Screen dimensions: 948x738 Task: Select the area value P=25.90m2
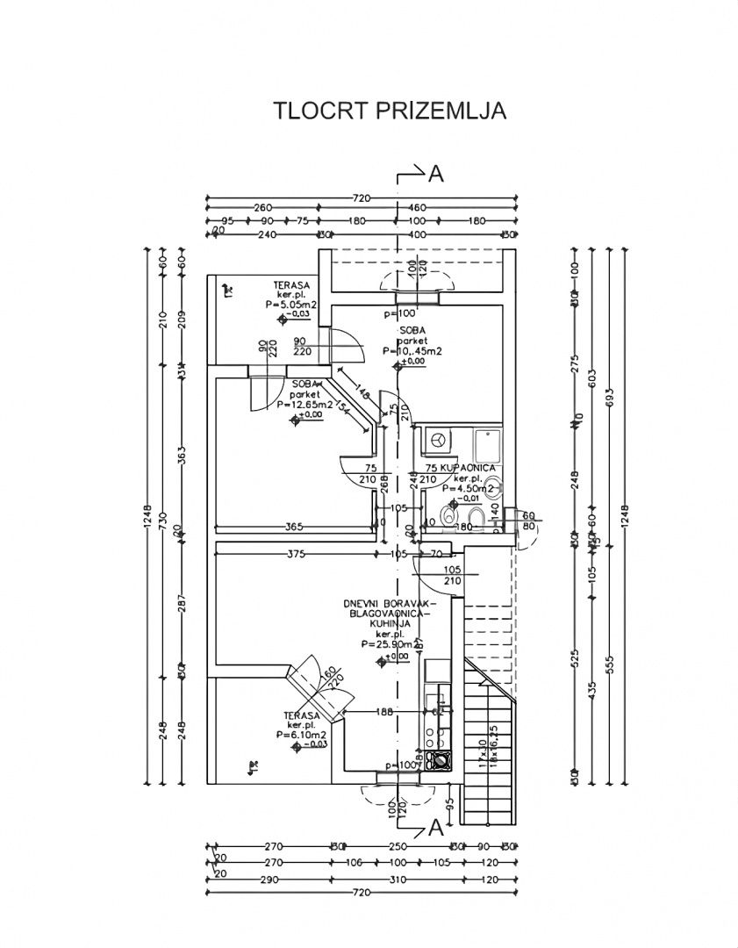(388, 643)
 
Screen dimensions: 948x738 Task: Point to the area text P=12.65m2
(305, 406)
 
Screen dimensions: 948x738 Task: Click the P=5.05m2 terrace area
(291, 305)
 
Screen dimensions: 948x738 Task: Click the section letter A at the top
(435, 174)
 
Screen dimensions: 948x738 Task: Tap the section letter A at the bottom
(435, 828)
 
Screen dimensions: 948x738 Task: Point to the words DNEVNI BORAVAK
(389, 606)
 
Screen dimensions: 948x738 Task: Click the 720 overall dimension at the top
(361, 197)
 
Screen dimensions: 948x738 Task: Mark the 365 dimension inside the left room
(293, 527)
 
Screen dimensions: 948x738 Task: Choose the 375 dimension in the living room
(297, 554)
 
